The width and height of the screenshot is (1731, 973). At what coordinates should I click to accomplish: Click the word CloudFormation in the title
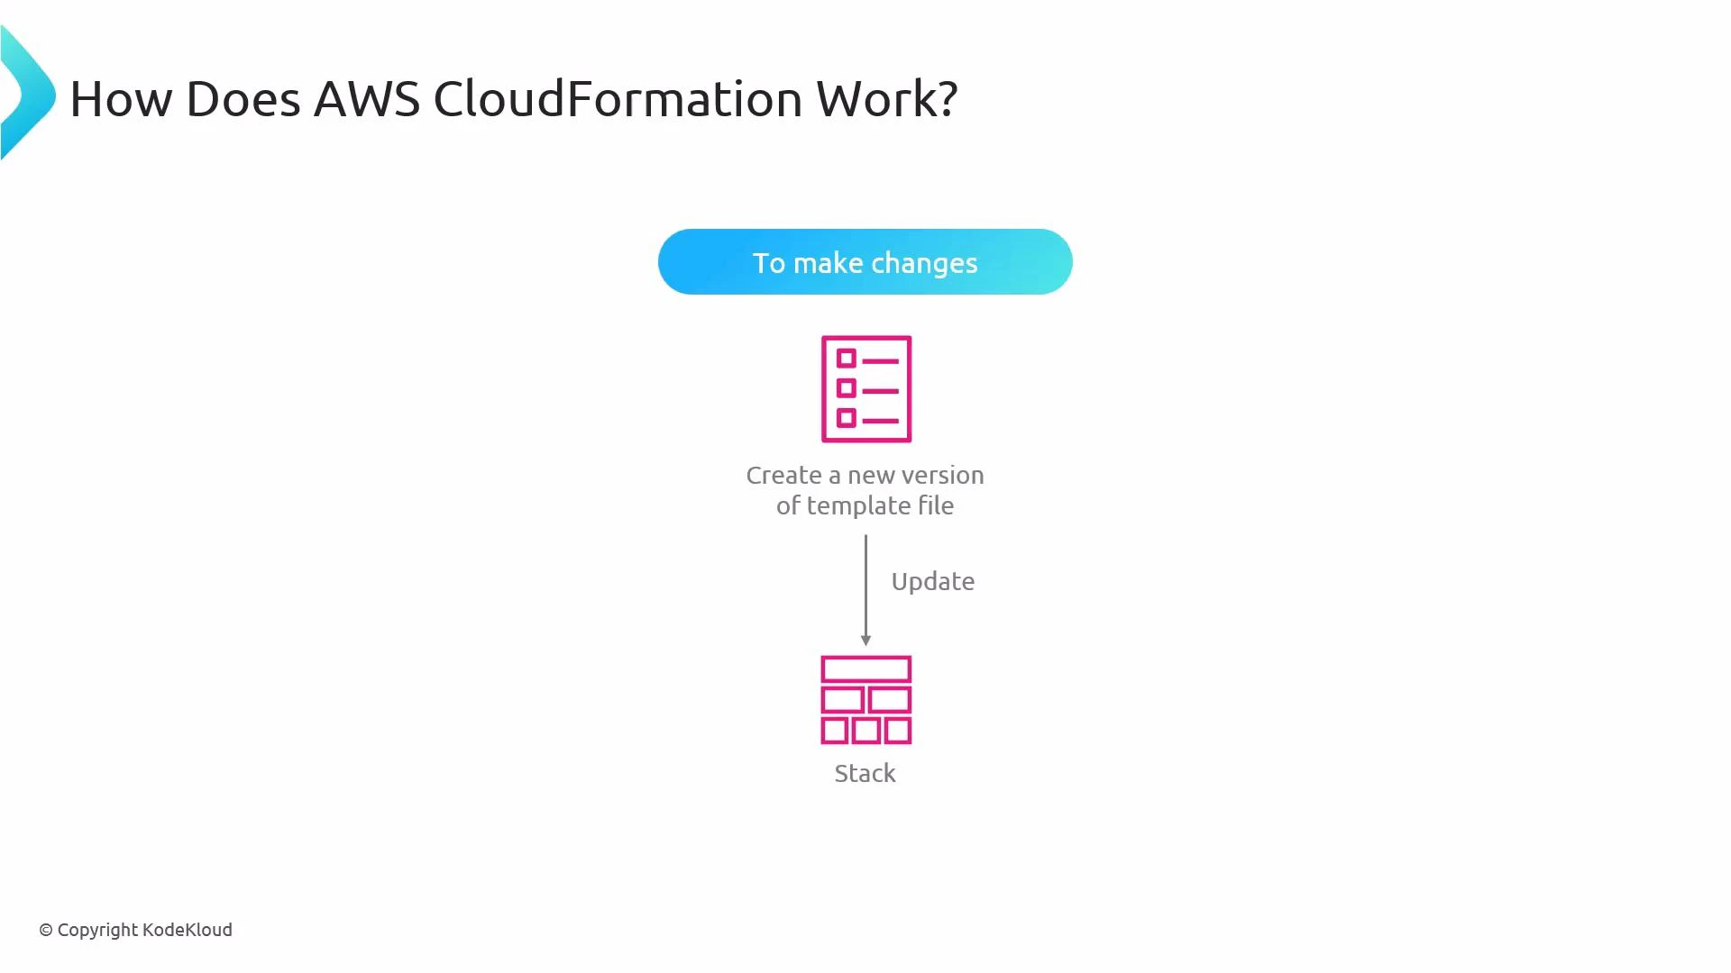coord(618,98)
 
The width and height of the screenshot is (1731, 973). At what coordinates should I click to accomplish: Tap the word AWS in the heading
coord(367,98)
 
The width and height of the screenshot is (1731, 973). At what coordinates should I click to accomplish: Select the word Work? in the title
coord(887,98)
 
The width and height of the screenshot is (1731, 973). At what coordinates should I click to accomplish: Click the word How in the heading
coord(121,98)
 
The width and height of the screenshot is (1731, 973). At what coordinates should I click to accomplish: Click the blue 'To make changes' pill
coord(865,262)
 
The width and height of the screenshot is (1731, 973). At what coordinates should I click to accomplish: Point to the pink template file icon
coord(865,389)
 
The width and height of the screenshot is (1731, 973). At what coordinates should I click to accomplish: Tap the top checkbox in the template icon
coord(846,359)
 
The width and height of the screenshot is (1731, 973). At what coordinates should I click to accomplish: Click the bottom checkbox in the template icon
coord(846,418)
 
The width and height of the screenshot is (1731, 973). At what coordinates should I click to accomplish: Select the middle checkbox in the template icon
coord(846,388)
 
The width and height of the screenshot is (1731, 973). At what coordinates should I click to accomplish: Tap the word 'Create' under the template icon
coord(783,476)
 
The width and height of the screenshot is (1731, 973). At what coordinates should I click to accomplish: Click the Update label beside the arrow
coord(932,582)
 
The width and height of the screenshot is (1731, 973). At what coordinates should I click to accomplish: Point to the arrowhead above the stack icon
coord(865,640)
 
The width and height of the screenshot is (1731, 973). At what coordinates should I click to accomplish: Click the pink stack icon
coord(865,700)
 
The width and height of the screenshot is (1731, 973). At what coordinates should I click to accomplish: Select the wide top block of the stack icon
coord(865,669)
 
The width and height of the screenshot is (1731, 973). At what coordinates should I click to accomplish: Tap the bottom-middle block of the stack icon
coord(865,730)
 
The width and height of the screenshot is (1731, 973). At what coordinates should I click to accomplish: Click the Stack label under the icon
coord(865,774)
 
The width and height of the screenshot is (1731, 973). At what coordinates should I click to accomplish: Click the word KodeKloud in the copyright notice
coord(188,930)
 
